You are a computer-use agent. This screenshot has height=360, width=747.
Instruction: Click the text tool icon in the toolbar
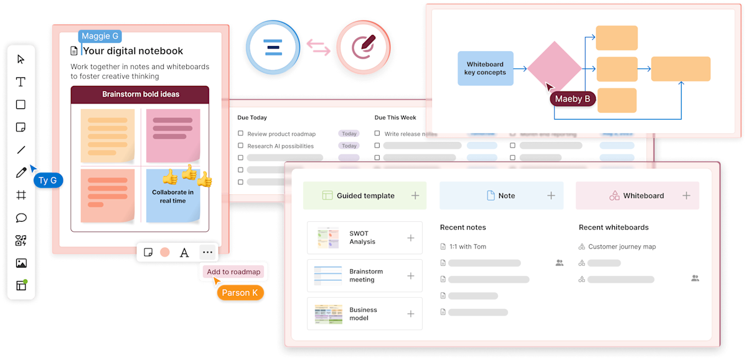[21, 82]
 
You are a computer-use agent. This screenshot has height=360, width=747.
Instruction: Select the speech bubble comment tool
[21, 218]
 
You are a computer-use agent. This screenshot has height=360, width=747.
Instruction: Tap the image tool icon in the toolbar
[21, 263]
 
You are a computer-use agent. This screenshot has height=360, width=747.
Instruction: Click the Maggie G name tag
[100, 37]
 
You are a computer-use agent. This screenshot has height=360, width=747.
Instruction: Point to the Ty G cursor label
[48, 181]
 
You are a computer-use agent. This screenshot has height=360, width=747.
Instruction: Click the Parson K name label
[240, 292]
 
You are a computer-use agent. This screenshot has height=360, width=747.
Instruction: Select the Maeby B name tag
[573, 99]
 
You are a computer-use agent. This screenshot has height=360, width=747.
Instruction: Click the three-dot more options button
[207, 252]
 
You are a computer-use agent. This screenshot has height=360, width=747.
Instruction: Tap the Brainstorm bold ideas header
[140, 95]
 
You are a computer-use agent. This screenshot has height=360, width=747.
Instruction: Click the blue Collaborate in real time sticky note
[173, 196]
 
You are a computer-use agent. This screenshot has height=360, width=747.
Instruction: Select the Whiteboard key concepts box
[486, 69]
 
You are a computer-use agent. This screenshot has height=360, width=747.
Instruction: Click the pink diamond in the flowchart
[554, 68]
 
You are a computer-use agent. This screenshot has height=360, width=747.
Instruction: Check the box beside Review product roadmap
[241, 133]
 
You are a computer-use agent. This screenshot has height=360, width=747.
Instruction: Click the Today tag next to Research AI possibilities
[349, 146]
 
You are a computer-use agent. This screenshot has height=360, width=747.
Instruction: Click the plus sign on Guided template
[415, 196]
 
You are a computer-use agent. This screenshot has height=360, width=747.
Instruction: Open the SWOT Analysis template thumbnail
[327, 237]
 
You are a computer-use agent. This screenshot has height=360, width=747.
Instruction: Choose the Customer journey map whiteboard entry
[622, 247]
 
